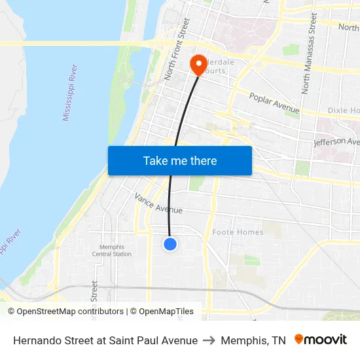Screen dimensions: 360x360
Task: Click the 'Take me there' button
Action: click(x=179, y=160)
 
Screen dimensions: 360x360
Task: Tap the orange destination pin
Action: click(x=197, y=64)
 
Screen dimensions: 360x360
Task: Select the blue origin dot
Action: click(x=170, y=244)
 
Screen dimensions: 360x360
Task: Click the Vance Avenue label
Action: click(x=158, y=203)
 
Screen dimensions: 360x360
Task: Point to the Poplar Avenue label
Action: click(x=274, y=103)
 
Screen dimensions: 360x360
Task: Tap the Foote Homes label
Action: click(x=238, y=232)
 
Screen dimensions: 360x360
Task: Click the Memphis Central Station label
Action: click(x=111, y=251)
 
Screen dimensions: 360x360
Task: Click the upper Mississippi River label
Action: click(x=70, y=92)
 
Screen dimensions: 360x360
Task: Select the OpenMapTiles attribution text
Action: click(x=166, y=312)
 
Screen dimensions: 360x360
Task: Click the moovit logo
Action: click(x=321, y=340)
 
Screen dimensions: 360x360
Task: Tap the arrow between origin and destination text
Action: click(x=209, y=340)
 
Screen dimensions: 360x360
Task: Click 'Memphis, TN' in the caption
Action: click(x=253, y=340)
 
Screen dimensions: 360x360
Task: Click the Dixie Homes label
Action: click(x=344, y=111)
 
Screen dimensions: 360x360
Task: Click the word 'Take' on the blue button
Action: click(x=156, y=160)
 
